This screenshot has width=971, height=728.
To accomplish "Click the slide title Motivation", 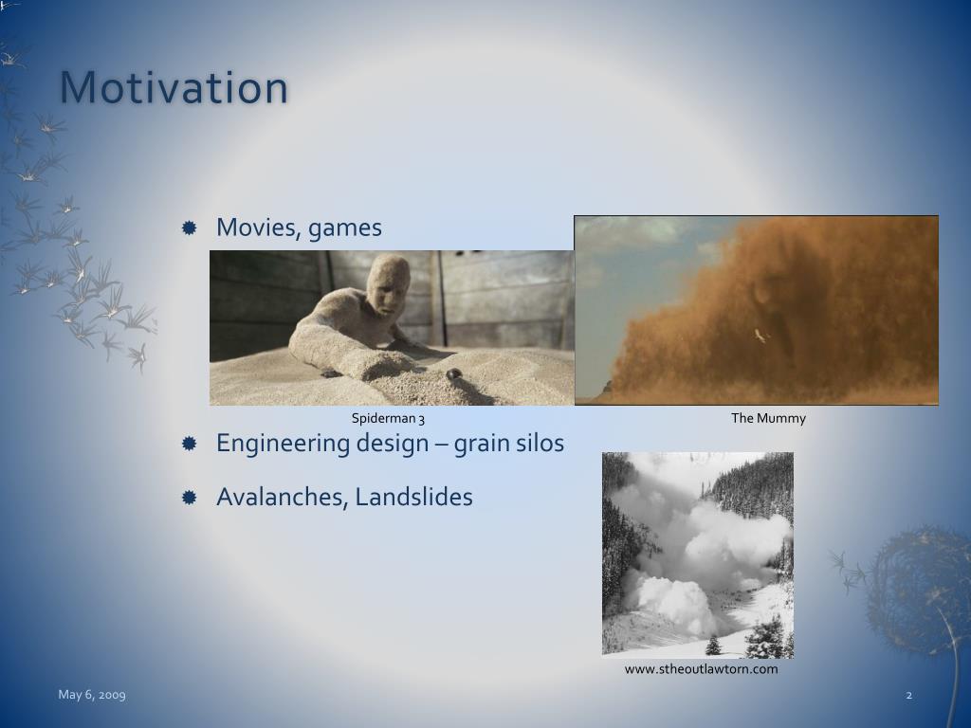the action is pos(174,87).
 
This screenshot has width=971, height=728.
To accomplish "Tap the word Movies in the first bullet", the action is pos(258,227).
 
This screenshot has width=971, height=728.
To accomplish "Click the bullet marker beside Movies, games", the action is pos(190,227).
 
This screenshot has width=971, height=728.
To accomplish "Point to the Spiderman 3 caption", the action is pos(388,418).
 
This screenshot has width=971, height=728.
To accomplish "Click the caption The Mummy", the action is pos(768,418).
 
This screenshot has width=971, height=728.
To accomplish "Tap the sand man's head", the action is pos(388,284).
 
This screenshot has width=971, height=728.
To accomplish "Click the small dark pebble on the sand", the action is pos(454,373).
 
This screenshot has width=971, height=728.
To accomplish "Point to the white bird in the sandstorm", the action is pos(760,337).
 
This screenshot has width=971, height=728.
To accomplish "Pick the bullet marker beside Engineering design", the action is pos(190,444).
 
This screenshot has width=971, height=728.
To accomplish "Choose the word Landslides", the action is pos(413,497).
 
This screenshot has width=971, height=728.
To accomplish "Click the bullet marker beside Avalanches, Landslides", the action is pos(190,497).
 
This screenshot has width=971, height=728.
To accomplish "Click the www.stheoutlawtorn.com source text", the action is pos(701,669).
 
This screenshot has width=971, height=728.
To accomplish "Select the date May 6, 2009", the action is pos(92,695).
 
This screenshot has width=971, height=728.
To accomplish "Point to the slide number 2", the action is pos(909,695).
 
